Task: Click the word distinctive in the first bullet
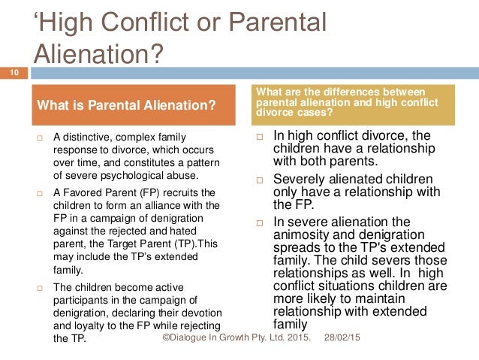[89, 137]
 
